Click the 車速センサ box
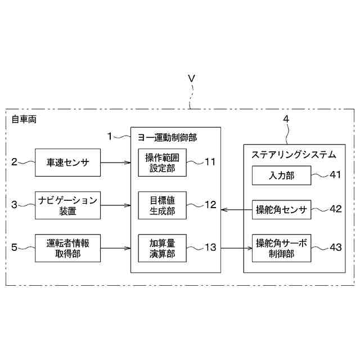67,163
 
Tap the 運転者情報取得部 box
67,247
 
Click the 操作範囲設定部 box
162,163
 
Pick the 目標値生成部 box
162,205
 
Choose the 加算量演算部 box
162,247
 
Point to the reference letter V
191,79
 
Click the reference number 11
210,163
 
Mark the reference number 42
336,209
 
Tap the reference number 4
286,119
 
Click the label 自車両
24,120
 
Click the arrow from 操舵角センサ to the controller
236,210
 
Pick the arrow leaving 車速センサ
115,163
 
